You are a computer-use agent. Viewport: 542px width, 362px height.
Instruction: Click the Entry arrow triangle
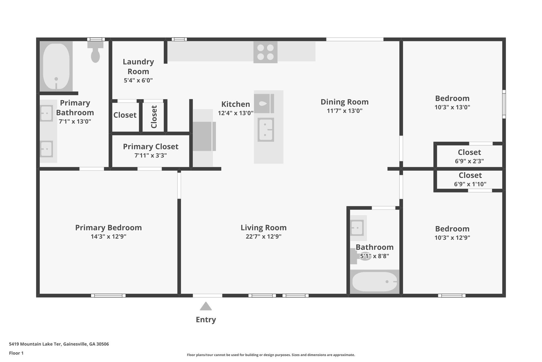pyautogui.click(x=206, y=306)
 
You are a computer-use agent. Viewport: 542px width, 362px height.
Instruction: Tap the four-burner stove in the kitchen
pyautogui.click(x=265, y=52)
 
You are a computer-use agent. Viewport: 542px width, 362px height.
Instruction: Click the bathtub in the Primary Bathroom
pyautogui.click(x=56, y=66)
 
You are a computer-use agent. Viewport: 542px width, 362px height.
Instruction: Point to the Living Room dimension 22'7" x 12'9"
pyautogui.click(x=263, y=237)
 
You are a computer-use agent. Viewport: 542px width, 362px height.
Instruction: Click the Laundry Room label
pyautogui.click(x=138, y=67)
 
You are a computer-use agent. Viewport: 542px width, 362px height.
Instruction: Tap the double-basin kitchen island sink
pyautogui.click(x=265, y=130)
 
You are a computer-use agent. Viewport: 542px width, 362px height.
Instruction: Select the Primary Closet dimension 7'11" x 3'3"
pyautogui.click(x=151, y=155)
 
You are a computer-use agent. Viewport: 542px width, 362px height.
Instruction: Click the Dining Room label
pyautogui.click(x=344, y=102)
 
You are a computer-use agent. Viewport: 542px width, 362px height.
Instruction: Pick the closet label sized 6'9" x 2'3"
pyautogui.click(x=469, y=152)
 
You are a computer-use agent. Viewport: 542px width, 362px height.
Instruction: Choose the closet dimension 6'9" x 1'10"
pyautogui.click(x=470, y=184)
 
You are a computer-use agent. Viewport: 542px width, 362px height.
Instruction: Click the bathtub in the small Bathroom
pyautogui.click(x=374, y=282)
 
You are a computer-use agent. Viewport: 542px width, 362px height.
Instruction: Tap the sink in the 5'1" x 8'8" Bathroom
pyautogui.click(x=357, y=228)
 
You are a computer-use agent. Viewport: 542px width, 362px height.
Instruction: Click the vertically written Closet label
pyautogui.click(x=154, y=117)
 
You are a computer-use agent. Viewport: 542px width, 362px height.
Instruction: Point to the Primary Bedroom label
pyautogui.click(x=109, y=228)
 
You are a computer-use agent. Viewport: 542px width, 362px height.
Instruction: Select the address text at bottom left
pyautogui.click(x=59, y=344)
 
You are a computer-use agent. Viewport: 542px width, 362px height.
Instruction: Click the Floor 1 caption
pyautogui.click(x=16, y=353)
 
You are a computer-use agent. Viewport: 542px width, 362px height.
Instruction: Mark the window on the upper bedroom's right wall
pyautogui.click(x=504, y=104)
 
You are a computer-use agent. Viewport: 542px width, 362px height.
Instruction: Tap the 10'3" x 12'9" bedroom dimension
pyautogui.click(x=452, y=238)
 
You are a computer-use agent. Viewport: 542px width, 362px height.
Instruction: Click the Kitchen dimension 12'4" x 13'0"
pyautogui.click(x=236, y=113)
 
